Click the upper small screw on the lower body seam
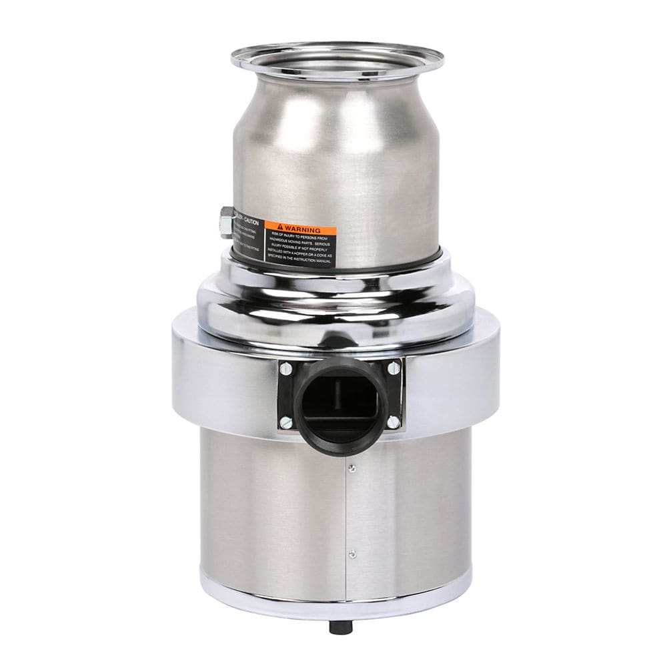pyautogui.click(x=352, y=469)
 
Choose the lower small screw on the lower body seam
pyautogui.click(x=352, y=554)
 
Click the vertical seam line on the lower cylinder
pyautogui.click(x=346, y=514)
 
